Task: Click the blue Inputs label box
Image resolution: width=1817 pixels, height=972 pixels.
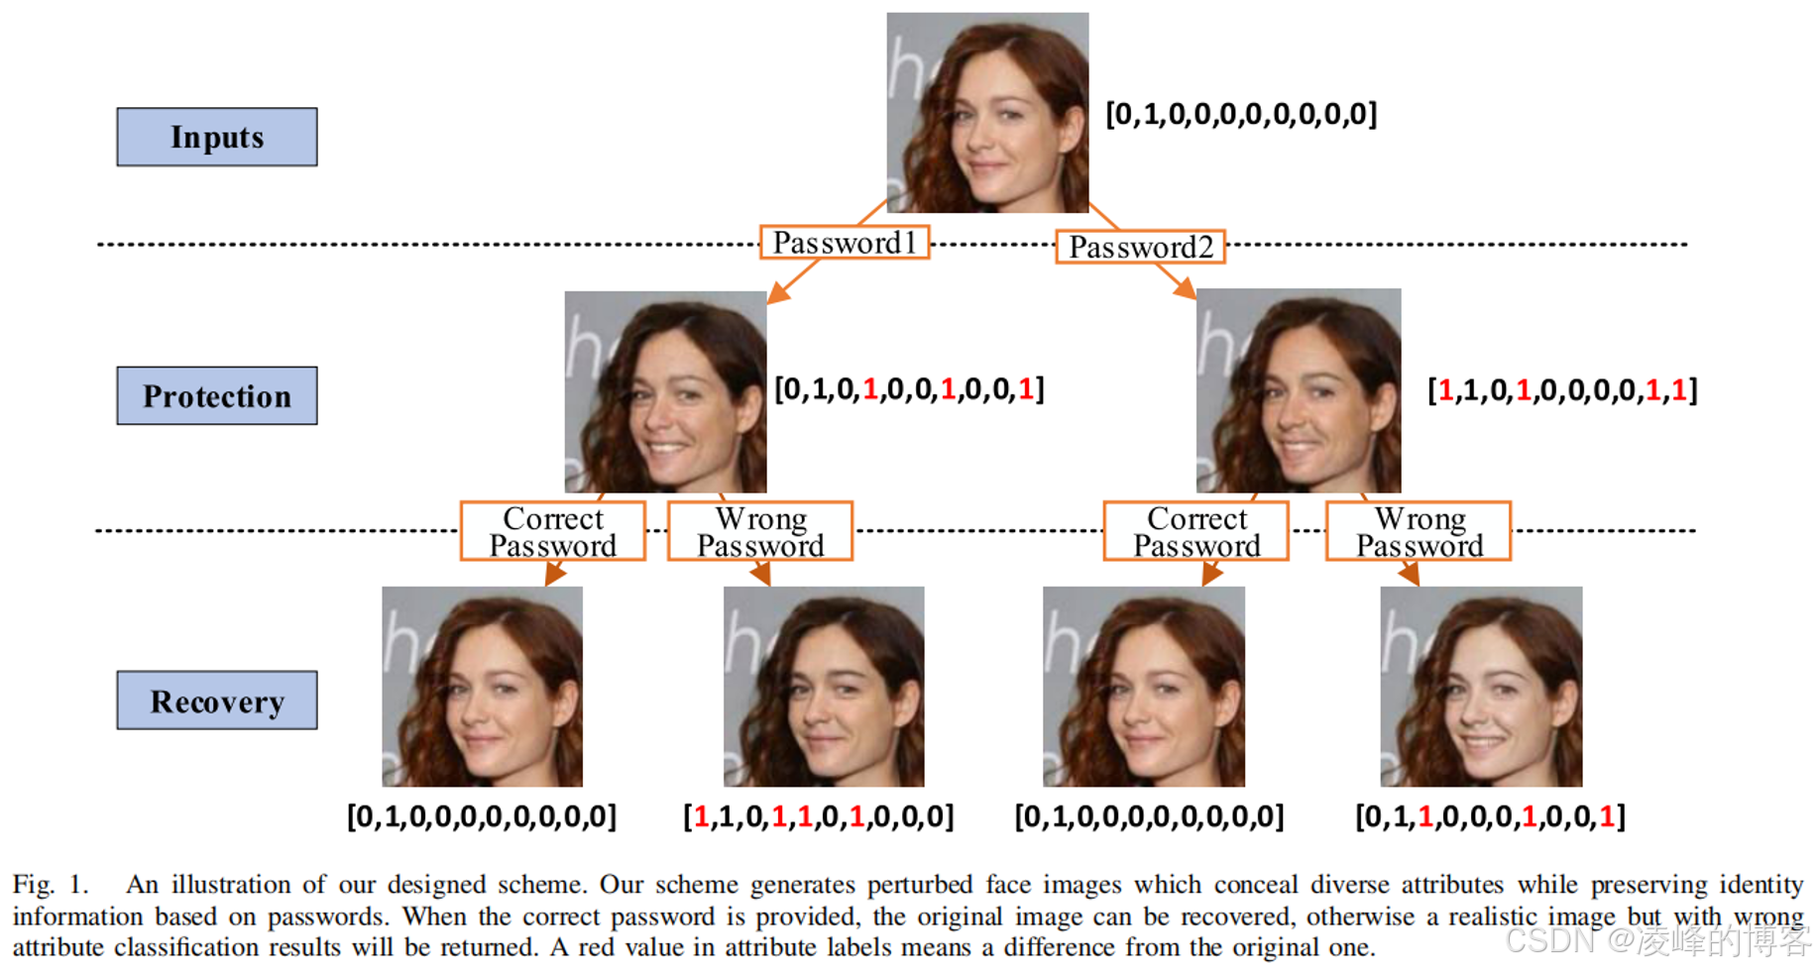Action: tap(217, 137)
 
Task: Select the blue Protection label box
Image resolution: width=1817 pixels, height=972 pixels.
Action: tap(217, 395)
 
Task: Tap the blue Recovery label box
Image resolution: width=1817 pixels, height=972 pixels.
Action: tap(217, 701)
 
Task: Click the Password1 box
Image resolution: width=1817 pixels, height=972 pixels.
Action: tap(845, 243)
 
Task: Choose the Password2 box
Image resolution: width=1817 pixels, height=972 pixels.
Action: tap(1140, 247)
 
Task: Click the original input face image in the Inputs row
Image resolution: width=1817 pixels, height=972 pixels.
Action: tap(987, 112)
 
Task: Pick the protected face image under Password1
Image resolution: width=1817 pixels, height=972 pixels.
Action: tap(665, 391)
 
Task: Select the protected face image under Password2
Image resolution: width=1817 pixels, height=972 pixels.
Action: tap(1299, 390)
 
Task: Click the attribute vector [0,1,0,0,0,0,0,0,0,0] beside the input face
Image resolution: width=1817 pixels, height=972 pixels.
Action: tap(1241, 114)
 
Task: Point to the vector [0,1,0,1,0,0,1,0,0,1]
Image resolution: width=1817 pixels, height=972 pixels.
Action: tap(909, 389)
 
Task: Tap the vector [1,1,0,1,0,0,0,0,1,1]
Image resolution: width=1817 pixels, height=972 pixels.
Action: tap(1562, 390)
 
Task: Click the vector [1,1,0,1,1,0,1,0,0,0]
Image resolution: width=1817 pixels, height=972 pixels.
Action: tap(819, 816)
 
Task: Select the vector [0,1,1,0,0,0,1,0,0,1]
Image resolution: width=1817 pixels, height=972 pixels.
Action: tap(1490, 816)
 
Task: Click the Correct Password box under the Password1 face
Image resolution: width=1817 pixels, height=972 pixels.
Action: tap(553, 531)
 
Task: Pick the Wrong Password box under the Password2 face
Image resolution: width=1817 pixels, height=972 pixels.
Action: tap(1419, 531)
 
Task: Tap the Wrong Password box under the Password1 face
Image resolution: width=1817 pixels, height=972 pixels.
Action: tap(760, 531)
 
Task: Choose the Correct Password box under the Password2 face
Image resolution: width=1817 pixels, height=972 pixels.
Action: tap(1196, 531)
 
